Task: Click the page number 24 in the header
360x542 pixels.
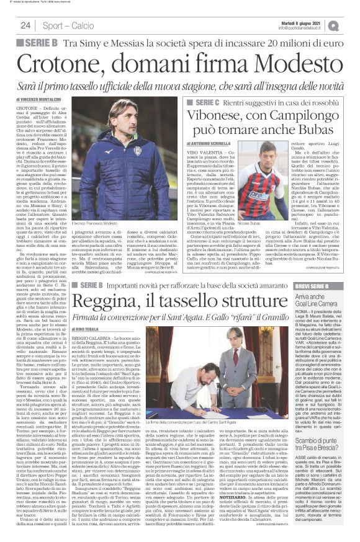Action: pos(25,25)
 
